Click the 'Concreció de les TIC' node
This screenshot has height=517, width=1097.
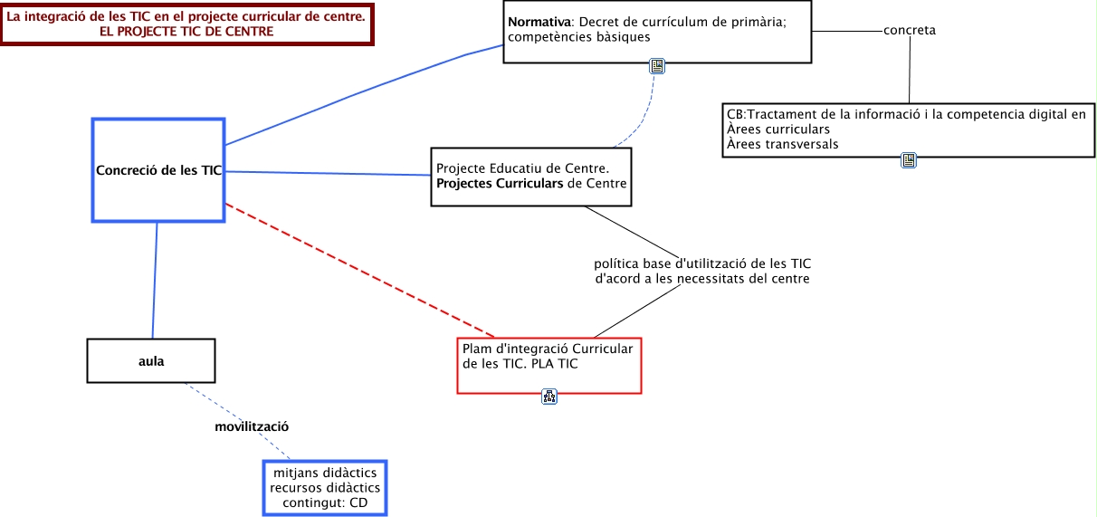point(158,170)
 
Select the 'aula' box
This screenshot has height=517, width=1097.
point(151,360)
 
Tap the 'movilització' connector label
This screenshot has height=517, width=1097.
point(251,426)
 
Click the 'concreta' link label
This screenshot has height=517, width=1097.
point(910,31)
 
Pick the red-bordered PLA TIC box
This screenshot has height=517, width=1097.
point(548,366)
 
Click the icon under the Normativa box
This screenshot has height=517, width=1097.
point(658,66)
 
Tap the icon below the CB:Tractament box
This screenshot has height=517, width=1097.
point(910,160)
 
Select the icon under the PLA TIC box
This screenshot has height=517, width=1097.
point(549,396)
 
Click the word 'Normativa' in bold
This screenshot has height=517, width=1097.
point(539,21)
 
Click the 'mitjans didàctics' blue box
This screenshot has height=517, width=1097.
point(324,488)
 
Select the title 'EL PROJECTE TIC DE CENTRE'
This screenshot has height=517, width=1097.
point(189,31)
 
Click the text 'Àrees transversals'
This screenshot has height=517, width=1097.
point(782,144)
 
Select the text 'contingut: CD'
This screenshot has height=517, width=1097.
point(325,503)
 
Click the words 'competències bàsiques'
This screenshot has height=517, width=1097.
point(579,38)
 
